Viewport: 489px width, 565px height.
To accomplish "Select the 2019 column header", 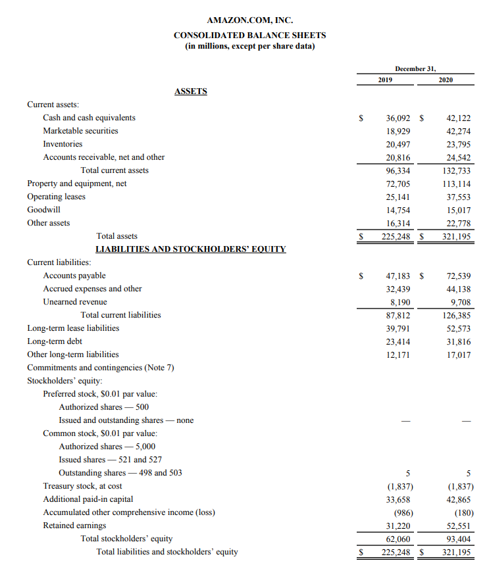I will (385, 80).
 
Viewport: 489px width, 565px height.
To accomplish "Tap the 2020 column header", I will (446, 80).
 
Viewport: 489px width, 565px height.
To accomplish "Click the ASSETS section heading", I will (190, 91).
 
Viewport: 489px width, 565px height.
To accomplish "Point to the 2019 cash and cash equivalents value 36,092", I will (398, 118).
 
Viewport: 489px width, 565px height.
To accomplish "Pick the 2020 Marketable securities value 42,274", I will (458, 131).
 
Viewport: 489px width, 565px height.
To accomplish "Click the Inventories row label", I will (63, 144).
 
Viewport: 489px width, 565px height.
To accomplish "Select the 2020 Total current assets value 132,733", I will (456, 170).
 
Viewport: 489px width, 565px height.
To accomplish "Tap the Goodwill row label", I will (43, 210).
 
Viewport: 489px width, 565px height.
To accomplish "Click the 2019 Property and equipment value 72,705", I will (398, 184).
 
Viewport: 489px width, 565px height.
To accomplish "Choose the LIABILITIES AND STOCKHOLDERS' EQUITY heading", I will (190, 249).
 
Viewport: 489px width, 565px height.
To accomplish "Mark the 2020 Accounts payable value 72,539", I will (458, 276).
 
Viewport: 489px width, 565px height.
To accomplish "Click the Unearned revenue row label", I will (74, 302).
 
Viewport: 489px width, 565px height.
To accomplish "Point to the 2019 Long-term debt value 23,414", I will (398, 341).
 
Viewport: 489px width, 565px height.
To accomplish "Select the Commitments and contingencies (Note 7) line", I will (100, 368).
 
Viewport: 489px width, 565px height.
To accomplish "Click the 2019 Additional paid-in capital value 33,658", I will (398, 499).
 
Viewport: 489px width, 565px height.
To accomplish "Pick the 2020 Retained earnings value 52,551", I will (458, 526).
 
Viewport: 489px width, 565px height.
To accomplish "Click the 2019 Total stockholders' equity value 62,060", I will (398, 539).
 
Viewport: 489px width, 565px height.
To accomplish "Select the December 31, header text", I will (415, 68).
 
